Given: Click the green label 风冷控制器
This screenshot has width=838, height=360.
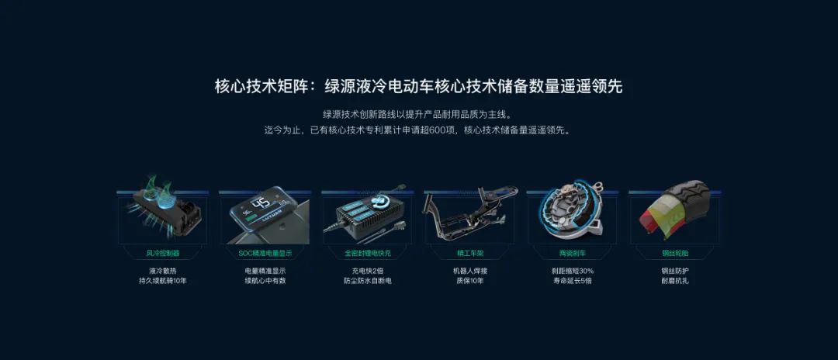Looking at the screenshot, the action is [162, 253].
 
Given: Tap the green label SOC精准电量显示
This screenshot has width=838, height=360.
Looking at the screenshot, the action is [265, 253].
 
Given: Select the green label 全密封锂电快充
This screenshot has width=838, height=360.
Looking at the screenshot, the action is [368, 253].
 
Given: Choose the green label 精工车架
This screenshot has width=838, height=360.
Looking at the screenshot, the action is [470, 253].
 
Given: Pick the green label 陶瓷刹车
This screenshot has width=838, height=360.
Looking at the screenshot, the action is [573, 253].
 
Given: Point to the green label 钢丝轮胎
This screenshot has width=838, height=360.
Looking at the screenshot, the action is [675, 253].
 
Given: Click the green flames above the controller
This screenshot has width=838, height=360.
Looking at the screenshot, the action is [159, 186].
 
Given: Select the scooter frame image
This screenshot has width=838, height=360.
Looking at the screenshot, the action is [470, 210].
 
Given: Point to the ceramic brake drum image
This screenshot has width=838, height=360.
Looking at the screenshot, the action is [572, 210].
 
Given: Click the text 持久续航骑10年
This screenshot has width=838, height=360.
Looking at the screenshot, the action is [162, 281].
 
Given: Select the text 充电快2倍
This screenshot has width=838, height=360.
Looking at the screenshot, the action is [368, 270].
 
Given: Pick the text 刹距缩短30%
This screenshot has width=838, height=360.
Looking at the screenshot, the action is [573, 270].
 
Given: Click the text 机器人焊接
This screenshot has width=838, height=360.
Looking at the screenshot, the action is [470, 270].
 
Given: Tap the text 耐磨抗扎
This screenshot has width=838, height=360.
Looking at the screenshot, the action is [675, 281].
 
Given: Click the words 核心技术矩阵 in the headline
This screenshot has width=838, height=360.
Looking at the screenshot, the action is [261, 87].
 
